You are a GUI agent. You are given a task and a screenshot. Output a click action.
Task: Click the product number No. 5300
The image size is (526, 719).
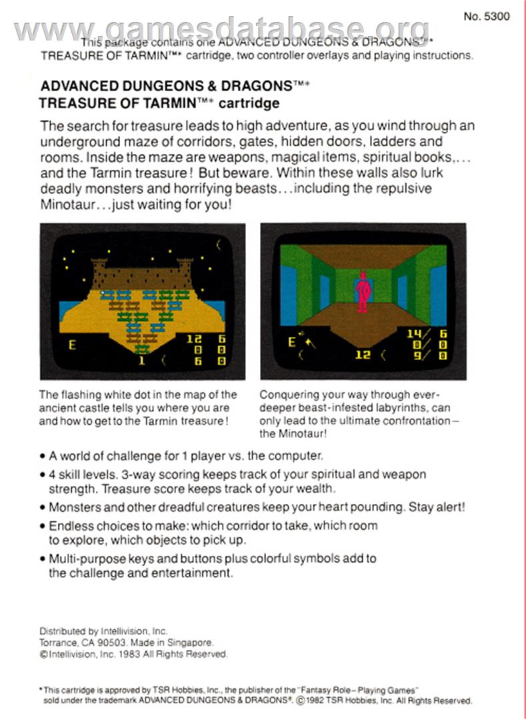487,17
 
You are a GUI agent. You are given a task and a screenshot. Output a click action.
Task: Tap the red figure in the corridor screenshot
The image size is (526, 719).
363,292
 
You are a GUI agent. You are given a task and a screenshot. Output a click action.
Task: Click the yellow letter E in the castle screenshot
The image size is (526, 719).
72,344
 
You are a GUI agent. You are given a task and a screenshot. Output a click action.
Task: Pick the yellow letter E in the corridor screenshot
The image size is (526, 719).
291,342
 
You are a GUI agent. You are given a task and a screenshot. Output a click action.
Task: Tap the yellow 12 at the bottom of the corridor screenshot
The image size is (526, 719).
363,354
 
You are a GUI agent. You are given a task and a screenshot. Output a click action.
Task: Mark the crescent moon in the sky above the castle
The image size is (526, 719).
219,245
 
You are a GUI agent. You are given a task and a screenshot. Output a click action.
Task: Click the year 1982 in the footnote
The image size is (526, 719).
317,700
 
